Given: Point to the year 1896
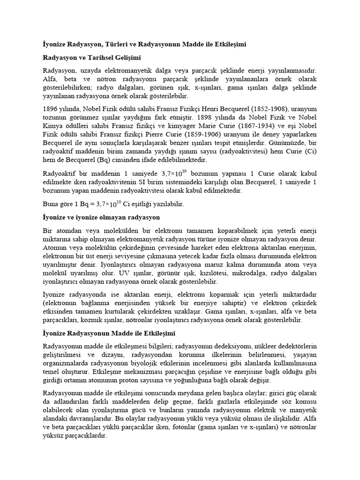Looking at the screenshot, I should pos(50,107).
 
